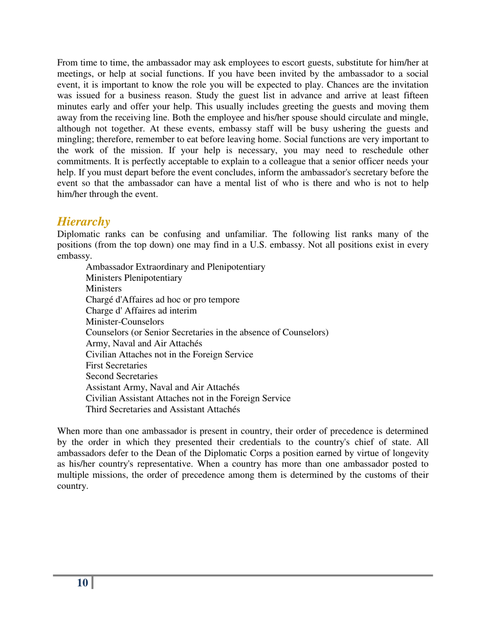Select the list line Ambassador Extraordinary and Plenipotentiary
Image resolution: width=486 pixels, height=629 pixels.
tap(175, 267)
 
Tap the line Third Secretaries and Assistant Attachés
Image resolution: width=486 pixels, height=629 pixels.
tap(162, 410)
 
